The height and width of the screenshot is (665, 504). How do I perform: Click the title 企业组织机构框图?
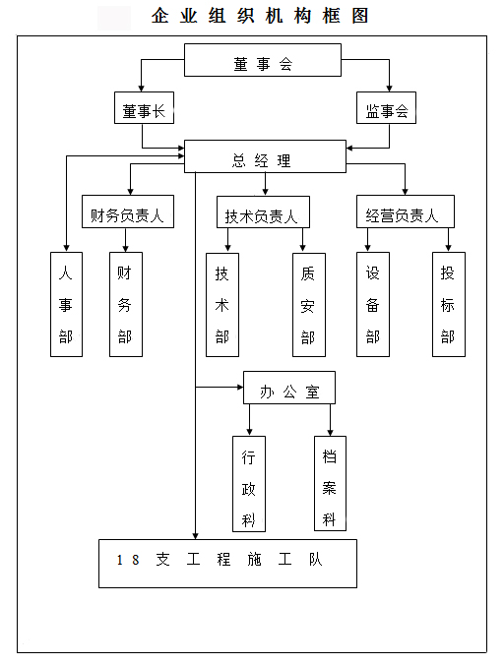[260, 16]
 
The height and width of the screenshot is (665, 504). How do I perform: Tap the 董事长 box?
[143, 110]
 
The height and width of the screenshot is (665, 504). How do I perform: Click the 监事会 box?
[386, 110]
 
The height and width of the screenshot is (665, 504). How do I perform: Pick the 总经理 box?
[265, 156]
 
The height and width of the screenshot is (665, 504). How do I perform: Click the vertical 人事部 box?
[66, 304]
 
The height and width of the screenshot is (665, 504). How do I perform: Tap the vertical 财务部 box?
[124, 304]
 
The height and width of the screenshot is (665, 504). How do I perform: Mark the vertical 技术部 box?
[221, 304]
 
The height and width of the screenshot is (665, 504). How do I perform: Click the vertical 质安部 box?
[308, 304]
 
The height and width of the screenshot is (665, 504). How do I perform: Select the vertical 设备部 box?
[372, 304]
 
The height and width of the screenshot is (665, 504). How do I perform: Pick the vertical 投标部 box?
[448, 304]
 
